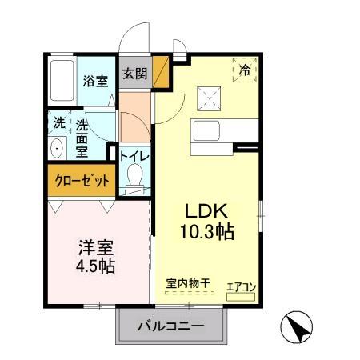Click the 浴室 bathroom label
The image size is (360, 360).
coord(96,81)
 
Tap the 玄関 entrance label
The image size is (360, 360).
coord(134,74)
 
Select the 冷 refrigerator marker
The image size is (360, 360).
coord(246,70)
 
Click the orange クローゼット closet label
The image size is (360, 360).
coord(82,181)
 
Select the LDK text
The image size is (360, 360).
coord(208,212)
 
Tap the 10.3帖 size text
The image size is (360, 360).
coord(209,233)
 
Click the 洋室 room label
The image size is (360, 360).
coord(95,247)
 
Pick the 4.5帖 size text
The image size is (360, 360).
coord(95,266)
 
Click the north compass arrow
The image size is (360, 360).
coord(297,327)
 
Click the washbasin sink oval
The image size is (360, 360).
coord(58,150)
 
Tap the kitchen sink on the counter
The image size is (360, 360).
coord(202,133)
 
